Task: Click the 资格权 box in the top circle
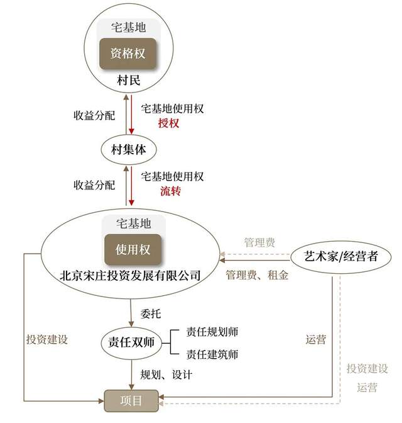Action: click(x=128, y=54)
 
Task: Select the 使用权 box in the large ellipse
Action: click(x=133, y=249)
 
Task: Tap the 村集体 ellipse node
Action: click(x=129, y=150)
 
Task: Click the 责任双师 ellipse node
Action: click(x=131, y=342)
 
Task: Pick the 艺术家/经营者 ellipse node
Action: click(x=341, y=257)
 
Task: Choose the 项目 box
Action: click(x=131, y=401)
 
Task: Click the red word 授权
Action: click(x=168, y=123)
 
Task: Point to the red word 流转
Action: click(x=170, y=191)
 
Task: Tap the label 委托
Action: click(x=151, y=313)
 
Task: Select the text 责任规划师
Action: click(x=212, y=332)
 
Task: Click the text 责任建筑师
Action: click(x=212, y=354)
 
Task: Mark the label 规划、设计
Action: click(x=166, y=375)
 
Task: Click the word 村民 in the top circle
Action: click(x=128, y=81)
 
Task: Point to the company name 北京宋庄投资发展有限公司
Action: click(x=130, y=276)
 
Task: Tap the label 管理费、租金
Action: click(x=257, y=275)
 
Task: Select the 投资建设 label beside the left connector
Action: click(x=47, y=339)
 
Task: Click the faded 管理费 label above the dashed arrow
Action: click(x=259, y=242)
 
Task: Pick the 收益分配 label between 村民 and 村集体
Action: click(x=94, y=115)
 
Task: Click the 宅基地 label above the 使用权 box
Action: click(x=134, y=223)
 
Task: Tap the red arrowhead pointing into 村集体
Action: click(x=131, y=131)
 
